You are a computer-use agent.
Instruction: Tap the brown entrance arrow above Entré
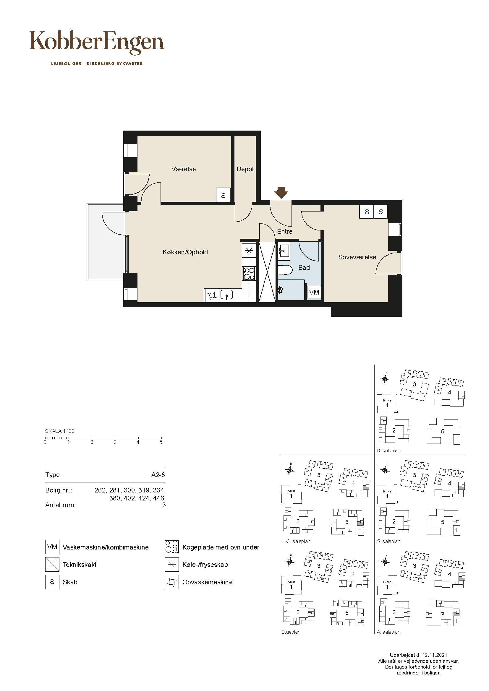tap(281, 193)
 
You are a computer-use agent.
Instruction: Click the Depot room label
tap(245, 169)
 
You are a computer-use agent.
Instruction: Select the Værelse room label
tap(184, 169)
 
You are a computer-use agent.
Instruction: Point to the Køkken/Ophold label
tap(185, 252)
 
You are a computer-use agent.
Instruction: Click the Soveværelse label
tap(357, 257)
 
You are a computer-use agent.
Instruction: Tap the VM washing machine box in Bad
tap(314, 292)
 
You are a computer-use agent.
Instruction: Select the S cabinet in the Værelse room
tap(223, 195)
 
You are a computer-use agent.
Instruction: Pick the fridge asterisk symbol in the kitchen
tap(249, 251)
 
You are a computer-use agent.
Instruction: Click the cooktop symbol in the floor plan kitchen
tap(249, 274)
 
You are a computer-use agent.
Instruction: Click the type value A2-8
tap(158, 475)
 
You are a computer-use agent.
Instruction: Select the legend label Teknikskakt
tap(80, 565)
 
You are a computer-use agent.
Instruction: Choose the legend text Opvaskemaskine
tap(208, 582)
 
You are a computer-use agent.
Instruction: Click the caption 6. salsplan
tap(389, 451)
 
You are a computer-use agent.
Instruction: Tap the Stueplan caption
tap(291, 632)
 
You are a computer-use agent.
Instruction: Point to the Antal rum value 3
tap(164, 505)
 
